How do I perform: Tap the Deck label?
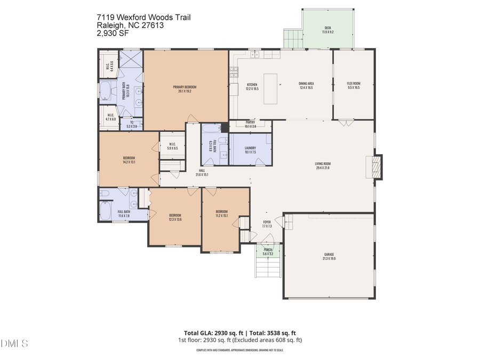click(x=327, y=30)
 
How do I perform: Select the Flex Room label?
click(x=354, y=85)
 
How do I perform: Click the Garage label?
click(x=329, y=257)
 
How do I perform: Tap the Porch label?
click(x=268, y=252)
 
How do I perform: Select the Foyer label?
click(x=267, y=224)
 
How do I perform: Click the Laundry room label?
click(x=250, y=150)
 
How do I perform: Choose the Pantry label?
click(x=251, y=124)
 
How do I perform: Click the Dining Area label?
click(x=306, y=85)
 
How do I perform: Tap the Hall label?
click(x=202, y=172)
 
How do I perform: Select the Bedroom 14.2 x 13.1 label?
click(x=129, y=159)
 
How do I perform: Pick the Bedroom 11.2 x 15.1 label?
click(x=222, y=213)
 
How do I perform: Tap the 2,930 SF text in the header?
click(x=113, y=33)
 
